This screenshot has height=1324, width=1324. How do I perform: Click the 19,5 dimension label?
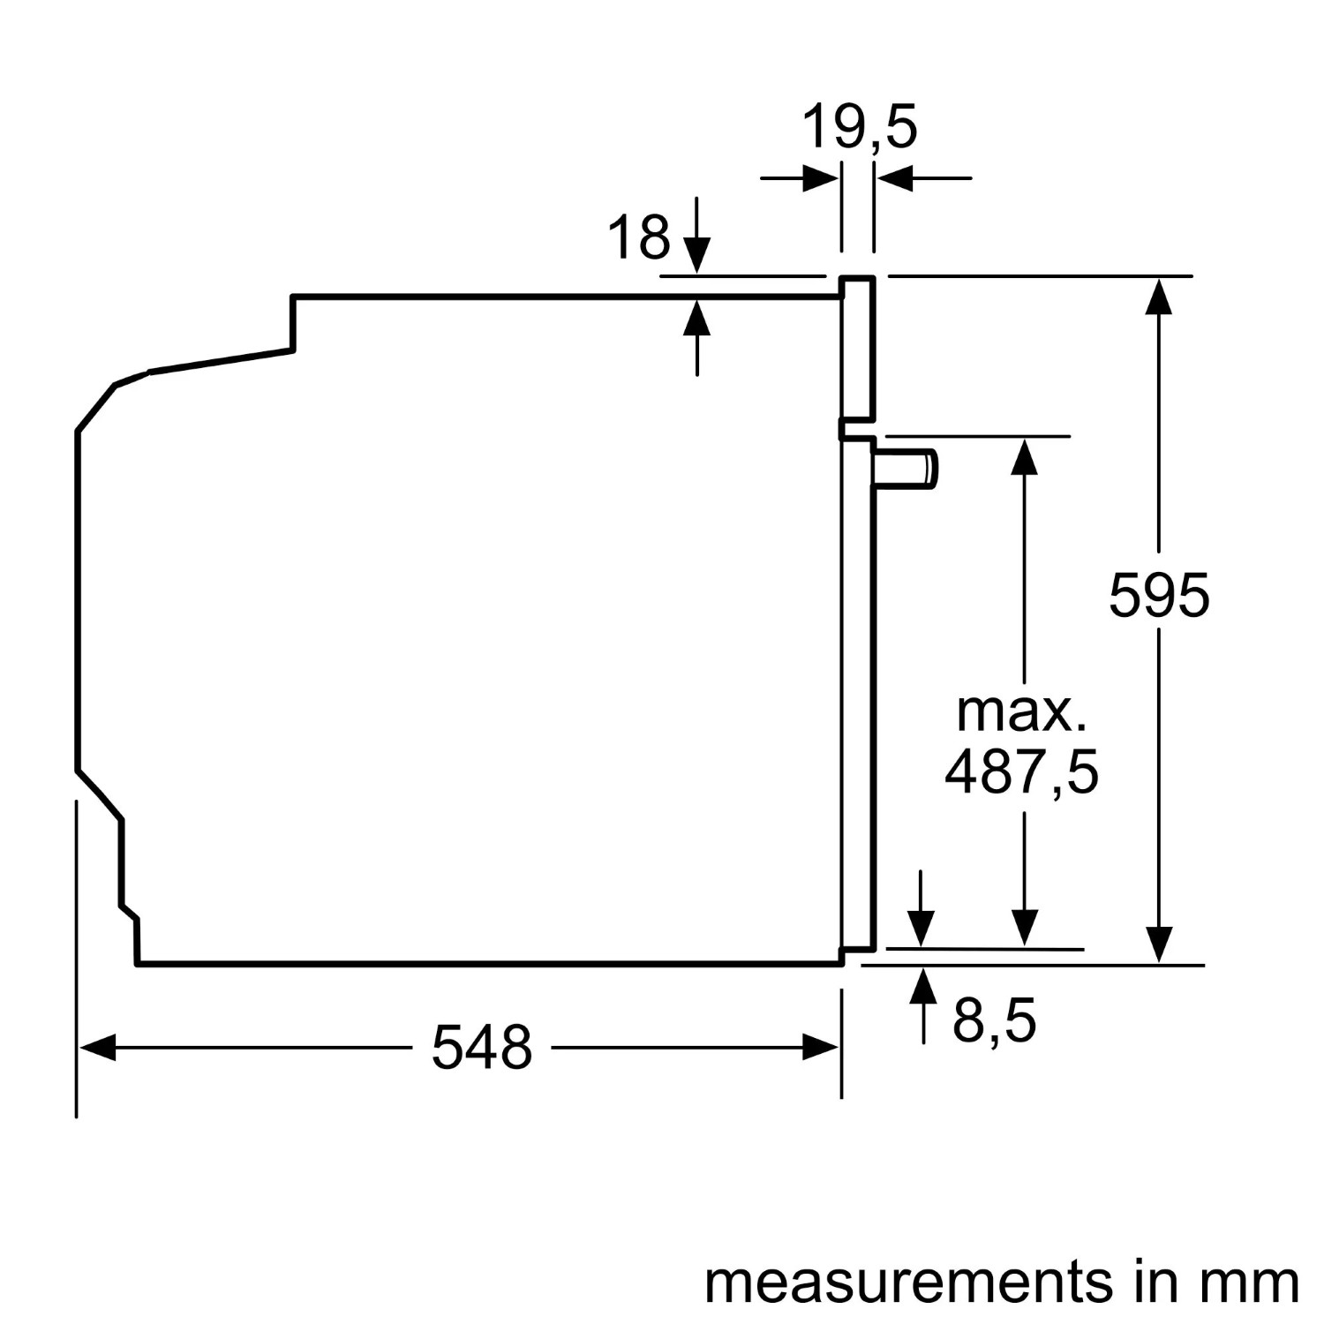(859, 128)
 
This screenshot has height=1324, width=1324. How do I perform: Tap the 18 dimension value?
(639, 237)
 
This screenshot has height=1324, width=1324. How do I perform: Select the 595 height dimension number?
(1159, 595)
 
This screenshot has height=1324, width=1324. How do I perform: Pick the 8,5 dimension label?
(994, 1021)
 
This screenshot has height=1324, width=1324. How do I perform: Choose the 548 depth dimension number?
(482, 1048)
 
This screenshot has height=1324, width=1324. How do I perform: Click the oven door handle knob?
(906, 467)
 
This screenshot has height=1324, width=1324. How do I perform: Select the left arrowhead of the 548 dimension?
(97, 1049)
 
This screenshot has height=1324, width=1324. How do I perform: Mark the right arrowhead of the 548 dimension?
(820, 1049)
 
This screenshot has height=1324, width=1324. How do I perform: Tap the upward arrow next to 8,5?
(923, 1006)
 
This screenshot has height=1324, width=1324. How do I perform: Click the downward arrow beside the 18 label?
(697, 235)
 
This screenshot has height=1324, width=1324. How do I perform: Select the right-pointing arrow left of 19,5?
(800, 178)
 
